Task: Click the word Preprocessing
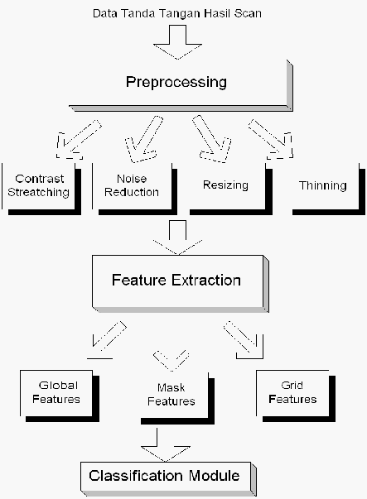click(x=176, y=82)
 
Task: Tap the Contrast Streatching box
click(x=41, y=189)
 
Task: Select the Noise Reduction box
click(x=134, y=189)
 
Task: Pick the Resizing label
click(x=225, y=185)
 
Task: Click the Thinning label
click(x=323, y=185)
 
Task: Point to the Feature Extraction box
click(x=181, y=284)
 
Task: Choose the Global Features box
click(x=60, y=396)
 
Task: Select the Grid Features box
click(x=296, y=396)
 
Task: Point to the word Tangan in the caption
click(x=180, y=14)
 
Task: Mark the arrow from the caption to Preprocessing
click(x=177, y=42)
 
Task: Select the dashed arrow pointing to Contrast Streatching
click(x=79, y=140)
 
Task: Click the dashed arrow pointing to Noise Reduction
click(x=144, y=139)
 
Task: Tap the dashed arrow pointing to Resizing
click(x=212, y=139)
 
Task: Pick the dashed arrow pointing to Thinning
click(x=271, y=139)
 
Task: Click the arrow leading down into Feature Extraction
click(x=177, y=238)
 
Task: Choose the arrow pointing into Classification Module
click(x=166, y=445)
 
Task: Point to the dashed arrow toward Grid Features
click(x=244, y=340)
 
